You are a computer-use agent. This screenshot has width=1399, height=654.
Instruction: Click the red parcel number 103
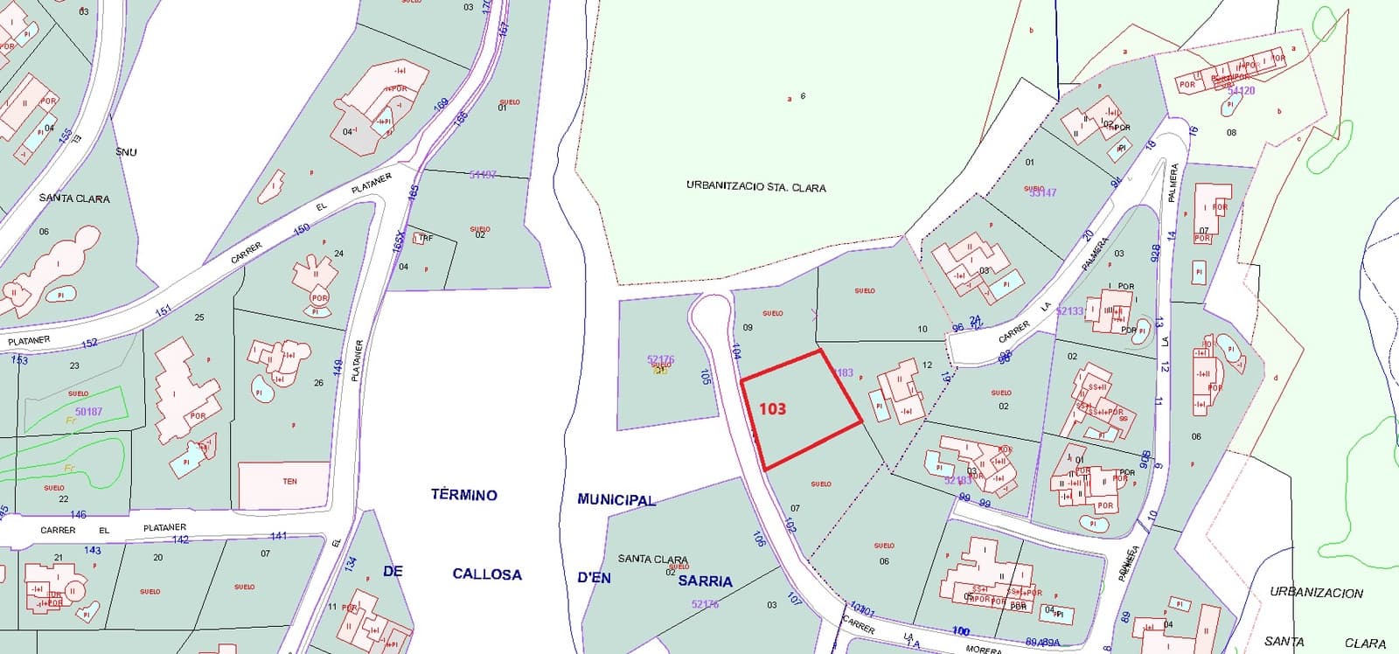point(772,408)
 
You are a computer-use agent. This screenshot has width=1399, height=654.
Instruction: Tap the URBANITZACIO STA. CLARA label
point(755,187)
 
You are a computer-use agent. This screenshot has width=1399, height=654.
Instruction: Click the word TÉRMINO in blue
point(463,495)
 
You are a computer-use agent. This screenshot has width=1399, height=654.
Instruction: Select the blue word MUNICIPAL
point(616,500)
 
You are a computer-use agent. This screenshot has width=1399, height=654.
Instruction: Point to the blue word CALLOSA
point(487,574)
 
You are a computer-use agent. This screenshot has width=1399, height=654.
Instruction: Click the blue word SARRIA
point(706,581)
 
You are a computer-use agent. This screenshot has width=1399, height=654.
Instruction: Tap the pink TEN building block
point(289,482)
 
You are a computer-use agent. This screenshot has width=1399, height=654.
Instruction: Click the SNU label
point(126,152)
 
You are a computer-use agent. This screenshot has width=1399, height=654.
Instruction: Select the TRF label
point(426,238)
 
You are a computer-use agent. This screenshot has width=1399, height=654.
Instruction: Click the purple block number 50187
point(88,411)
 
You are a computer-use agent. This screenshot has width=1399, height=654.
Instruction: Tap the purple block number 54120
point(1241,91)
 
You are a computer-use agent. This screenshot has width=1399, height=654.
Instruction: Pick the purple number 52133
point(1069,311)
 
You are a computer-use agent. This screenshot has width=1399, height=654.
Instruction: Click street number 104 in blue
point(736,351)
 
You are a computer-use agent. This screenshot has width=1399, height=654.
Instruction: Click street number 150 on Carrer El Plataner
point(302,229)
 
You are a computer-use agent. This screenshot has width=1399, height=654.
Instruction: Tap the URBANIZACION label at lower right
point(1316,593)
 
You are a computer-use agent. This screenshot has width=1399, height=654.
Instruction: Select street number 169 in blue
point(441,104)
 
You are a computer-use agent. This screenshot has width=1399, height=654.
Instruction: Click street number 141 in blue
point(278,536)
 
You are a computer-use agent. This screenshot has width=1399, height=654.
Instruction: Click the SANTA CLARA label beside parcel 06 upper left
point(74,198)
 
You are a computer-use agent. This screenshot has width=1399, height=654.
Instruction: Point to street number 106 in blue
point(757,539)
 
